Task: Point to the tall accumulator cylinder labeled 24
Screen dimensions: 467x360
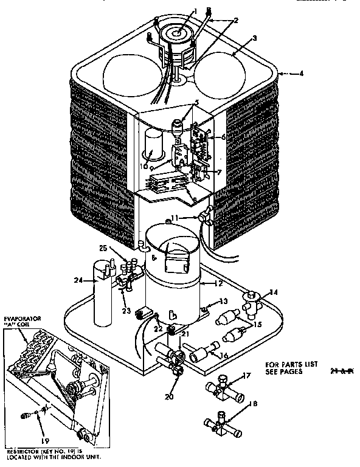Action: point(103,292)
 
